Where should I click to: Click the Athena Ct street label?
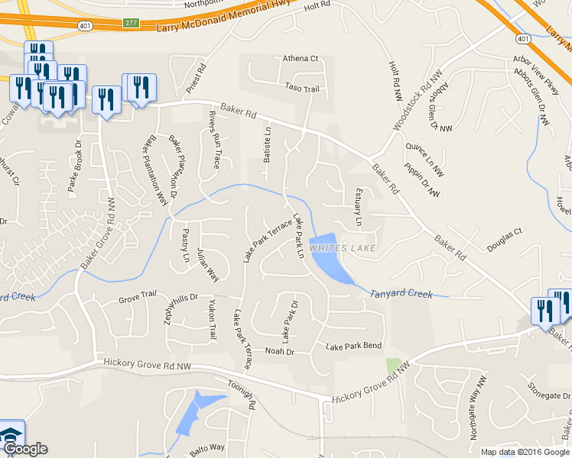[300, 58]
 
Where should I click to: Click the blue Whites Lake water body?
[328, 260]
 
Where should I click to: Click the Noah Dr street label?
[279, 351]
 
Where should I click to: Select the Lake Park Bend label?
[353, 346]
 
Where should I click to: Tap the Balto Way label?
[207, 448]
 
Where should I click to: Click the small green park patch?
[394, 366]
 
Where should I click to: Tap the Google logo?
[24, 448]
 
